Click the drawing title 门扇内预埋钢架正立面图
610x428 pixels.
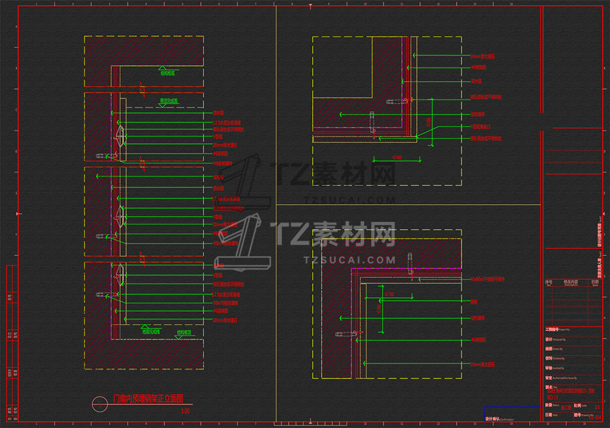(148, 399)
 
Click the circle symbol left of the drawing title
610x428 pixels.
(100, 404)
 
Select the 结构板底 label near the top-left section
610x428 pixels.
(168, 73)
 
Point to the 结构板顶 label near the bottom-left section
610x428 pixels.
(184, 333)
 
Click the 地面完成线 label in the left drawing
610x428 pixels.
(151, 332)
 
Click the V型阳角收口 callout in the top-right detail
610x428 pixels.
(482, 127)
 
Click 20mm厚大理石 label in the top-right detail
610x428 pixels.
(482, 56)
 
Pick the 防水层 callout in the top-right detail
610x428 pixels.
(476, 81)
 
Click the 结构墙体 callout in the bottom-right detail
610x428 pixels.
(477, 318)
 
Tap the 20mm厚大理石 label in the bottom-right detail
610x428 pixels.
(482, 364)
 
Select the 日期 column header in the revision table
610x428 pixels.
(595, 282)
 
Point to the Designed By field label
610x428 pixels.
(559, 338)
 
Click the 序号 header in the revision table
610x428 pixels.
(548, 282)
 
